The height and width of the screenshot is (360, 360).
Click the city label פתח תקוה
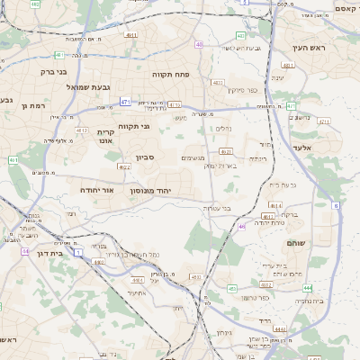pyautogui.click(x=169, y=74)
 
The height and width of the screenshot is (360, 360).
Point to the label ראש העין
pyautogui.click(x=307, y=48)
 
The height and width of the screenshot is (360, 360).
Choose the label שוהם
pyautogui.click(x=296, y=243)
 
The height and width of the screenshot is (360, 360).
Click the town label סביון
pyautogui.click(x=146, y=157)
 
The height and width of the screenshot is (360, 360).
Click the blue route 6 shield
pyautogui.click(x=336, y=206)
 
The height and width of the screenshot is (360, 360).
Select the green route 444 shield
pyautogui.click(x=307, y=288)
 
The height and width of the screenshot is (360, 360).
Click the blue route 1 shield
pyautogui.click(x=78, y=253)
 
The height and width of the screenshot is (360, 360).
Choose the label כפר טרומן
pyautogui.click(x=256, y=298)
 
